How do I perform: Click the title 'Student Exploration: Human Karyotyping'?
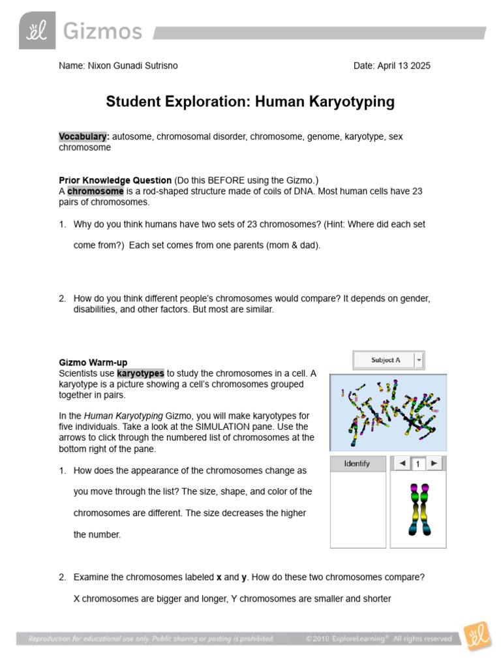[250, 102]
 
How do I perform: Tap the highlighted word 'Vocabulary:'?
[83, 136]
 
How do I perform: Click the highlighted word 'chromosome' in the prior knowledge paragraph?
[95, 191]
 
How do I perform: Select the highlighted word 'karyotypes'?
[140, 373]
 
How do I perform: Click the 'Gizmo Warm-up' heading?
[93, 362]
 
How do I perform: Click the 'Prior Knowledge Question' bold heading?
[115, 180]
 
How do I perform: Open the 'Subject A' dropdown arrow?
[419, 359]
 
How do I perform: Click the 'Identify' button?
[357, 463]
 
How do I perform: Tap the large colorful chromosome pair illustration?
[417, 509]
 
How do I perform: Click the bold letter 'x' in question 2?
[219, 577]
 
